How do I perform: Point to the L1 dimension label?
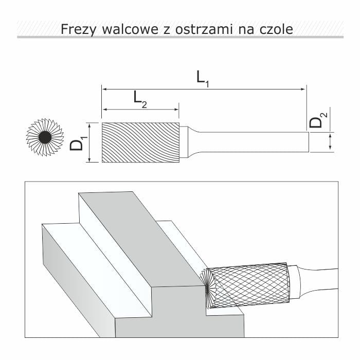click(203, 78)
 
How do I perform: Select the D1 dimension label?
click(77, 142)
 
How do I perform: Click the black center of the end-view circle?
click(44, 137)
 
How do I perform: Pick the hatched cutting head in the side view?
click(140, 142)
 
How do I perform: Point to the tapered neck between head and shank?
click(188, 142)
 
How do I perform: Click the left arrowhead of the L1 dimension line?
click(105, 89)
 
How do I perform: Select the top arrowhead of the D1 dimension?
click(89, 125)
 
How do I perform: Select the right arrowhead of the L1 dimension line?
click(303, 89)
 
